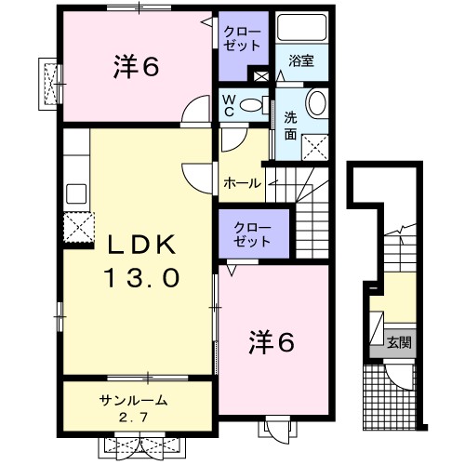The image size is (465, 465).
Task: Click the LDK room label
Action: click(141, 245)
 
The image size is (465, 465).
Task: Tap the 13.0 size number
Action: click(141, 278)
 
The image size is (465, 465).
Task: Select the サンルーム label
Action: click(133, 401)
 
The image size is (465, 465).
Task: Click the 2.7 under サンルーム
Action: click(133, 418)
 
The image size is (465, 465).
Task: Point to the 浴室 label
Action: click(301, 60)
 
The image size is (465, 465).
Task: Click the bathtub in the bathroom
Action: click(302, 28)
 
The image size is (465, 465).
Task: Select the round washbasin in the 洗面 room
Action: click(316, 102)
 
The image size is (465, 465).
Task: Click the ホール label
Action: click(242, 183)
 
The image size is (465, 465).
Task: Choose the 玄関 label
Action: click(399, 343)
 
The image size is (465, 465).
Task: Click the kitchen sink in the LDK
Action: click(76, 193)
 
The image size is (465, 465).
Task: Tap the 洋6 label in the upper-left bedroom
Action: click(137, 67)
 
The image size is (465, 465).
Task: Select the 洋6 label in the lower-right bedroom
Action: click(272, 342)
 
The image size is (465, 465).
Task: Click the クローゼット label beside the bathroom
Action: click(243, 39)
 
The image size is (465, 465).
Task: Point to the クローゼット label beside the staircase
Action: click(253, 234)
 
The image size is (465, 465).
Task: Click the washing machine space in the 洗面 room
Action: click(315, 147)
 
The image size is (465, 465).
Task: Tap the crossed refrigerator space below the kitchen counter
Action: click(79, 228)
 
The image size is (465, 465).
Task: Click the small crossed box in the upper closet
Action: click(261, 76)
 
